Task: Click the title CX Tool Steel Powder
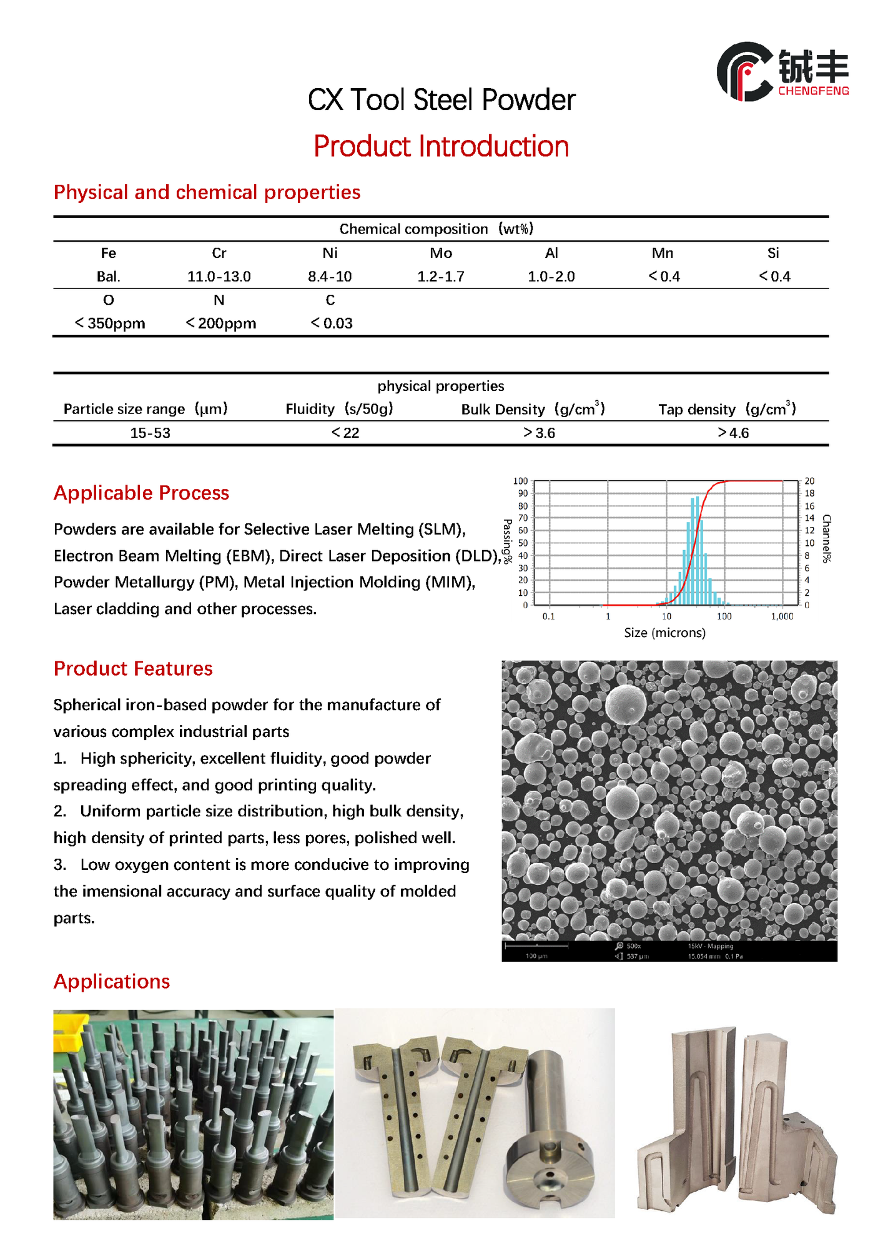click(x=441, y=100)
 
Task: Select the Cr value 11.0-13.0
click(x=219, y=277)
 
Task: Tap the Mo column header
click(x=441, y=253)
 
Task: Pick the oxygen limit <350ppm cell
click(x=110, y=323)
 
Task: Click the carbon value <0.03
click(x=332, y=323)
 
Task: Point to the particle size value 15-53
click(x=150, y=433)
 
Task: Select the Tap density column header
click(x=727, y=410)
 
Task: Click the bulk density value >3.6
click(x=539, y=433)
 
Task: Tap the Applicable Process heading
click(x=141, y=493)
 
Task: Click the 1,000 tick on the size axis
click(x=782, y=616)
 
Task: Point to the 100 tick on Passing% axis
click(x=520, y=481)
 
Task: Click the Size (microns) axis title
click(x=664, y=633)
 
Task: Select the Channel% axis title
click(x=826, y=539)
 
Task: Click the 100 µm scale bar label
click(x=536, y=956)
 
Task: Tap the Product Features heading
click(x=133, y=669)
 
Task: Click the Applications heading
click(x=112, y=982)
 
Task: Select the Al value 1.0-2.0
click(x=551, y=277)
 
